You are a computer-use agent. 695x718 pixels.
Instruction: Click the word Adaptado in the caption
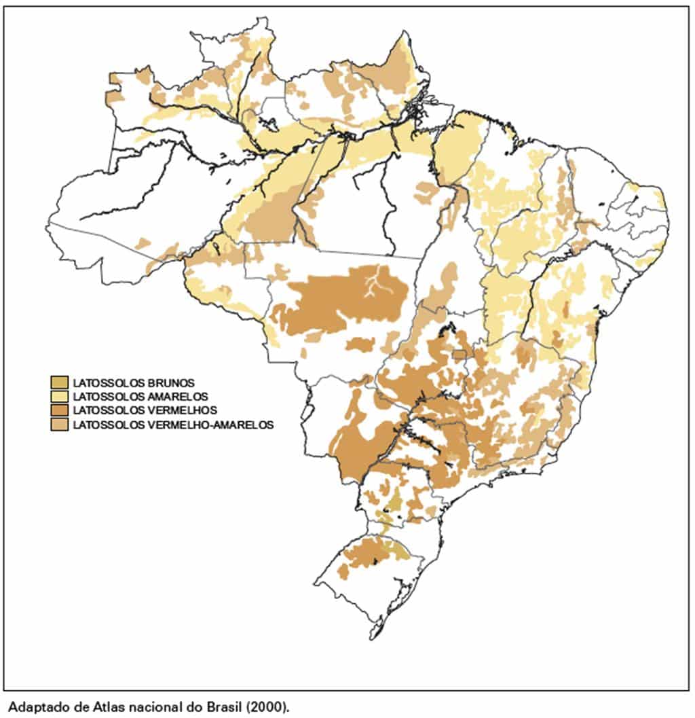[x=32, y=706]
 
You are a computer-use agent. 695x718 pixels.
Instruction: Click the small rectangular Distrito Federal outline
[x=460, y=355]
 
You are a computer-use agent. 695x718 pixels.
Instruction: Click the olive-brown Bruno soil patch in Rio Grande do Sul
[x=400, y=549]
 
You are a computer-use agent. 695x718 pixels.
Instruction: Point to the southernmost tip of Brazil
[x=372, y=638]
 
